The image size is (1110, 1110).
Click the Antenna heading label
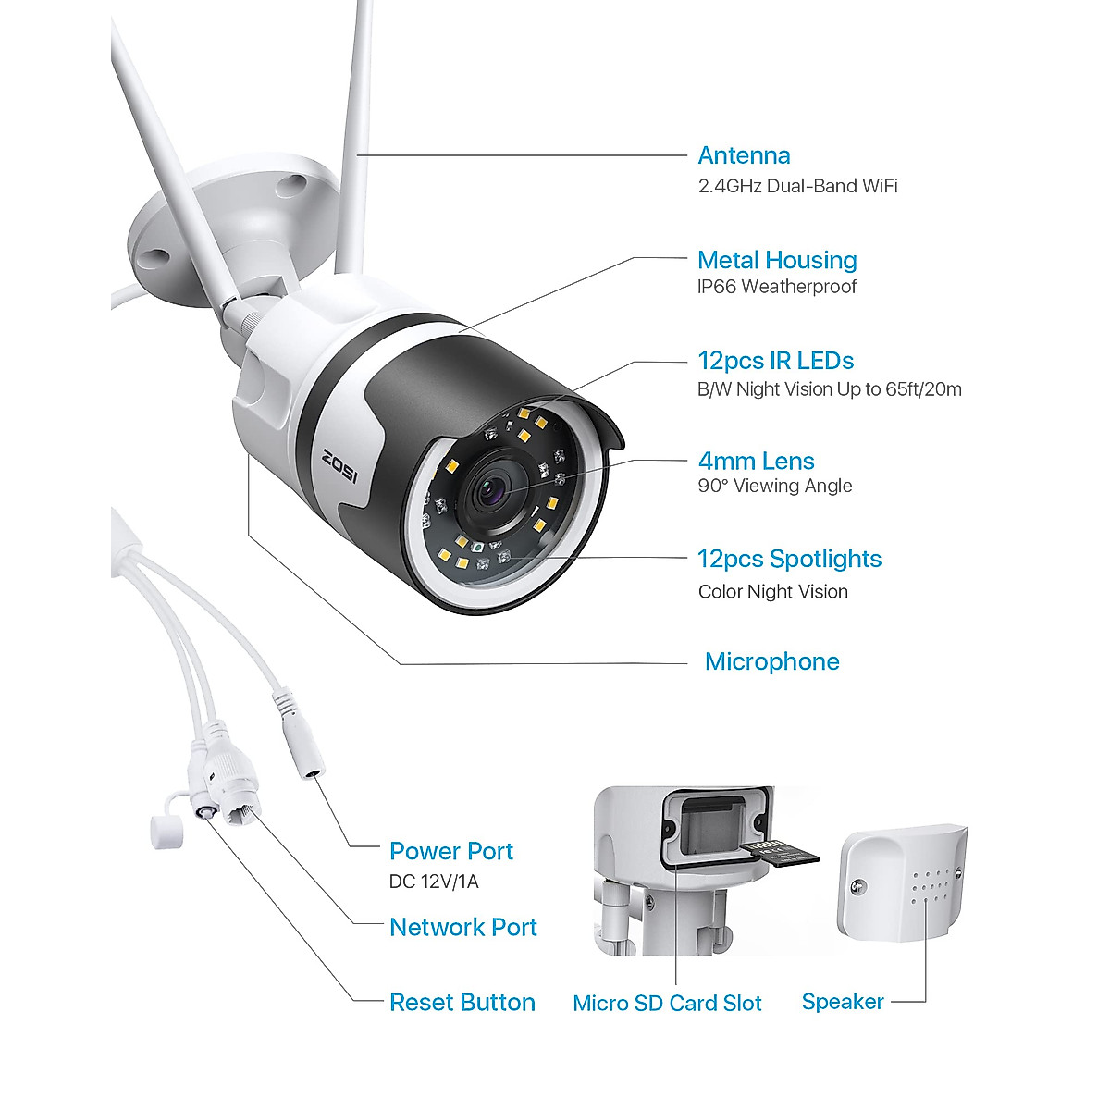coord(744,155)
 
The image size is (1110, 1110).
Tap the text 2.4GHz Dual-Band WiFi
coord(797,186)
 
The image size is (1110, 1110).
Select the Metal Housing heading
coord(777,260)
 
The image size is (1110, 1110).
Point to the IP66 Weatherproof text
coord(777,287)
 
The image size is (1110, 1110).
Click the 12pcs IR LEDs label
coord(775,361)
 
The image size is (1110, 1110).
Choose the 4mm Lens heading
coord(756,461)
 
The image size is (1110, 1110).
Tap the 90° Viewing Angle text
coord(775,486)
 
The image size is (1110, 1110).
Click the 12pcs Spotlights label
coord(789,559)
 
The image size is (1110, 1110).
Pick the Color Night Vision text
coord(773,592)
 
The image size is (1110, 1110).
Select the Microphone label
coord(771,661)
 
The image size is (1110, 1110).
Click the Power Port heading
coord(450,851)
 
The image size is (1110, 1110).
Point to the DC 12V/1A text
coord(434,882)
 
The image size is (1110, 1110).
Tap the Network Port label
coord(462,927)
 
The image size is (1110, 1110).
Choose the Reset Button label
coord(462,1002)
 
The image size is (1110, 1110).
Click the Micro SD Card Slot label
coord(667,1003)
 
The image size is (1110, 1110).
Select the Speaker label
coord(843,1001)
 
